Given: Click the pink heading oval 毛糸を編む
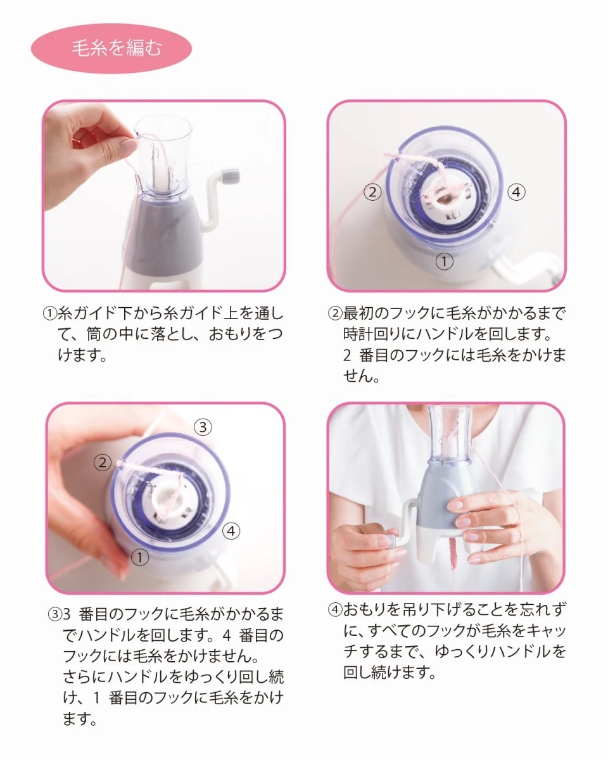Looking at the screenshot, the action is coord(111,48).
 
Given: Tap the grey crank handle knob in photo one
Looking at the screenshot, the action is coord(231,174).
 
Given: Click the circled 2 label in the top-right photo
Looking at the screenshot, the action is coord(372,192).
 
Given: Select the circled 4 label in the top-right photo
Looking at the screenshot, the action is coord(516,192).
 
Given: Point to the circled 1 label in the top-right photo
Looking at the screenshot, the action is coord(444,262).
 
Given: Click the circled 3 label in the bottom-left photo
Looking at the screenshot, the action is coord(203,427).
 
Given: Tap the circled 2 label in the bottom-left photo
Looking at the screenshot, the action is coord(103,462).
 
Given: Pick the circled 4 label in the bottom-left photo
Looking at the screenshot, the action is coord(231,531).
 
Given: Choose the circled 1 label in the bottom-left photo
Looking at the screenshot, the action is coord(139,557).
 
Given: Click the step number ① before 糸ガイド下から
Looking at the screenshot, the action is coord(50,313).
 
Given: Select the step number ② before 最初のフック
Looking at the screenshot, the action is coord(335,313).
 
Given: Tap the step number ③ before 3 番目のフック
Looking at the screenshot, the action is coord(55,614).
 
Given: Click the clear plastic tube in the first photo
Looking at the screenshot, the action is coord(163,153).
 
